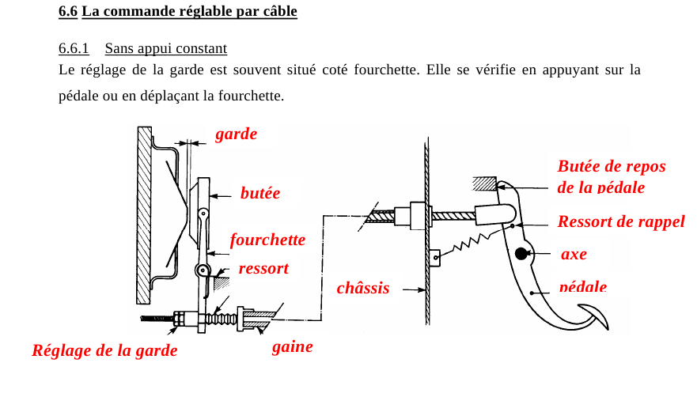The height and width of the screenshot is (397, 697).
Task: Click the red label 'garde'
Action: point(236,134)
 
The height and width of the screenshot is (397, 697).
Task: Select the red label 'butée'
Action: point(260,193)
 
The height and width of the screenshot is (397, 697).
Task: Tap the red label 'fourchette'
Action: point(267,240)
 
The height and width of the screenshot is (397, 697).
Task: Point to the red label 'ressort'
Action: point(263,269)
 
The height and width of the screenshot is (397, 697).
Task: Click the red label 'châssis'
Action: point(363,288)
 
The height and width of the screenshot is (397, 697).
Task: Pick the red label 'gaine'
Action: point(293,346)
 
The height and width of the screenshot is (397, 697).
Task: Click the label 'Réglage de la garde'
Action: point(105,350)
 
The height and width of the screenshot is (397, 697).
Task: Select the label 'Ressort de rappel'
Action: point(621,221)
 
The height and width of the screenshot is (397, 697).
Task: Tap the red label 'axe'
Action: point(574,255)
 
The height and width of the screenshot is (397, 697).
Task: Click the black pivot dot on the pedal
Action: point(521,254)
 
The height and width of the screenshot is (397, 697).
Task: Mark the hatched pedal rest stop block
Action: point(484,183)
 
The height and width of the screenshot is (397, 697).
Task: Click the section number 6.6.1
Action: point(74,48)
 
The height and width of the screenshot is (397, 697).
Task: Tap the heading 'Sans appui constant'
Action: point(166,48)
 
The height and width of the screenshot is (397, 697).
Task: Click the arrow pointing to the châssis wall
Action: point(414,290)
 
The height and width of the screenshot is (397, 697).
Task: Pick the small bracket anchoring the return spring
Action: point(435,257)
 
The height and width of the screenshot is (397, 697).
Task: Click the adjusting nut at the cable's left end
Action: point(180,319)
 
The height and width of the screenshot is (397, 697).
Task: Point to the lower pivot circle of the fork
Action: point(203,270)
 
